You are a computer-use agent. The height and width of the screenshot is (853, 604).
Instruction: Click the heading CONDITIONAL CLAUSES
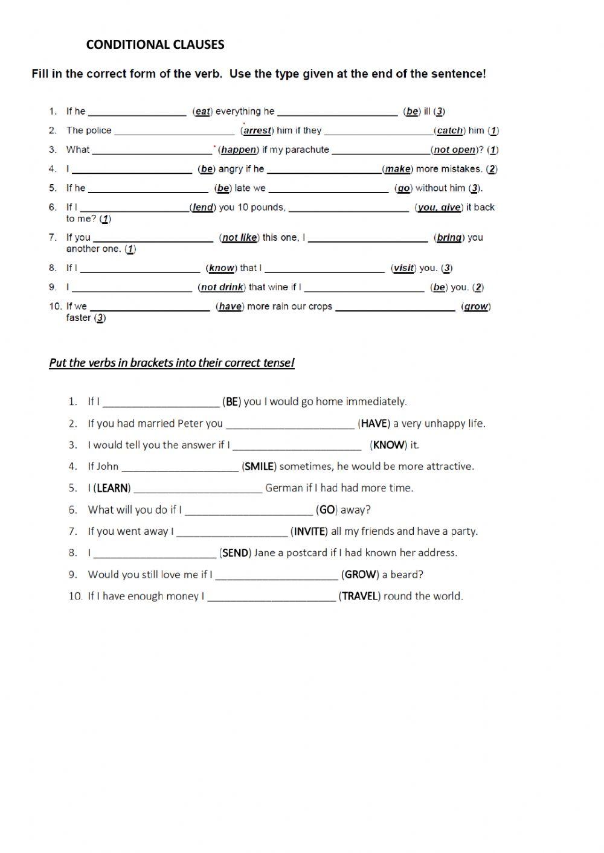[x=155, y=44]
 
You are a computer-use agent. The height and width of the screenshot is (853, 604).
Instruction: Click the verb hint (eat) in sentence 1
[x=202, y=111]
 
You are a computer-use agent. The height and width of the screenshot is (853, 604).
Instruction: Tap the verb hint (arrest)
[x=257, y=130]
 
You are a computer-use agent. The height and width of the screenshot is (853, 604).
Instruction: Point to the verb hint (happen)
[x=239, y=150]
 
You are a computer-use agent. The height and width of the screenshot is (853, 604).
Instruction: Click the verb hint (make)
[x=397, y=169]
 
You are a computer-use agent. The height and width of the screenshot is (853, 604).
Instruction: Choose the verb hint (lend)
[x=202, y=207]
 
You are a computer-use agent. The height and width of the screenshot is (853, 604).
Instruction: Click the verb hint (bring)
[x=449, y=237]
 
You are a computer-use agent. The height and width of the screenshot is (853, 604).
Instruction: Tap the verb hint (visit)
[x=403, y=268]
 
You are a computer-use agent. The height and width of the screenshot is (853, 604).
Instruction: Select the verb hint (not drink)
[x=222, y=287]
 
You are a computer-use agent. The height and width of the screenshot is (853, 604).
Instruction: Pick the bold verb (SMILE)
[x=259, y=467]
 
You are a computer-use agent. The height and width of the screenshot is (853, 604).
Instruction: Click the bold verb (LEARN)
[x=112, y=488]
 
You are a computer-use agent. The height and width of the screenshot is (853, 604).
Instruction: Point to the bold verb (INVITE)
[x=309, y=532]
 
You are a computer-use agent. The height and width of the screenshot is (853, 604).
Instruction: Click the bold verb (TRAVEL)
[x=359, y=596]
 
